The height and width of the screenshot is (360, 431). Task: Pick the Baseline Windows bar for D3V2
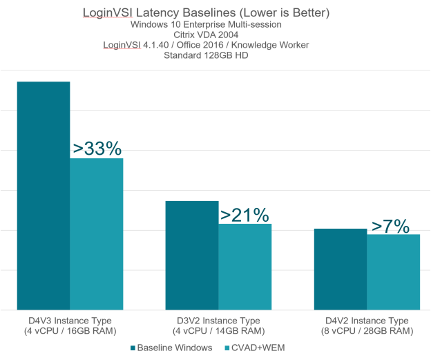192,255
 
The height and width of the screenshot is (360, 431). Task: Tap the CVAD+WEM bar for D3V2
245,267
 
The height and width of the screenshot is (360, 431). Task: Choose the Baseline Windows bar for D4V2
340,269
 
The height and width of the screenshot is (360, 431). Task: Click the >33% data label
97,148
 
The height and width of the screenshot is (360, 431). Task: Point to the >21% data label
245,214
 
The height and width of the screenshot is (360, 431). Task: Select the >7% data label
390,225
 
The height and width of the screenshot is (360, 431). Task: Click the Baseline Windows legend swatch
131,348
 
